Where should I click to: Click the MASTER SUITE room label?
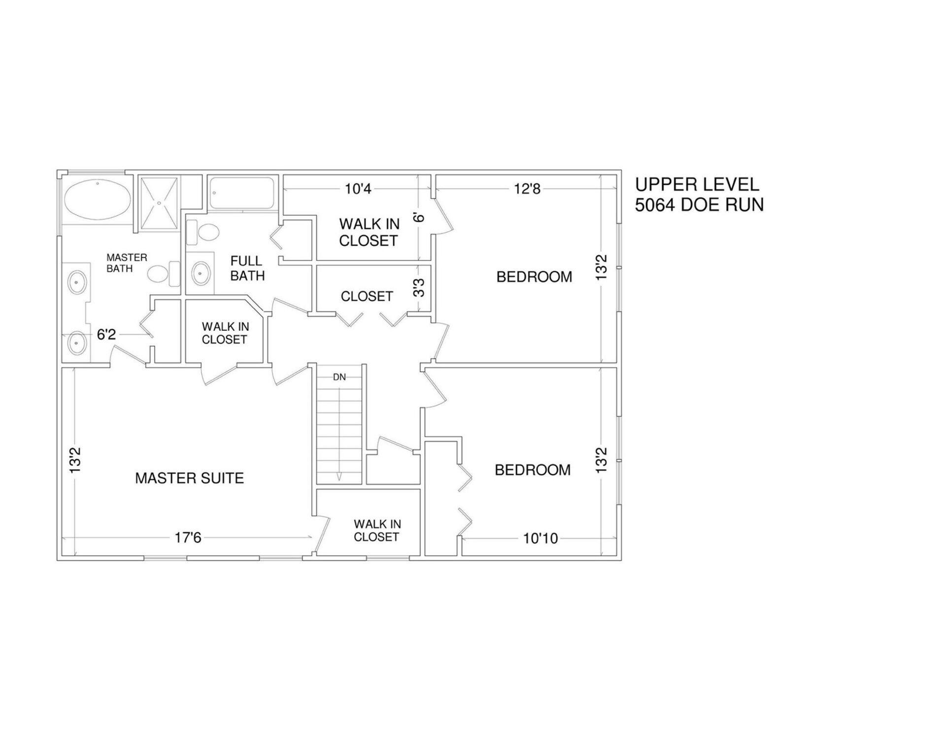click(x=189, y=478)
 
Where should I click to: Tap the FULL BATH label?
click(x=247, y=268)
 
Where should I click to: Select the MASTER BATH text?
click(x=127, y=263)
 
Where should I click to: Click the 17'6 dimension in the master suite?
click(x=188, y=537)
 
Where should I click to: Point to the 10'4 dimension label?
click(x=358, y=189)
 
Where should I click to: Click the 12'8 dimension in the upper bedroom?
click(x=527, y=189)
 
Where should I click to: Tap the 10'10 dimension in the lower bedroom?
click(x=541, y=538)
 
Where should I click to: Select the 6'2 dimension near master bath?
click(x=106, y=335)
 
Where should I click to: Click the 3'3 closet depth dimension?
click(x=419, y=288)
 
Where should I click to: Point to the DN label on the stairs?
click(x=339, y=377)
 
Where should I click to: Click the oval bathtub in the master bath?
click(x=97, y=200)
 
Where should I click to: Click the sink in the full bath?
click(x=201, y=273)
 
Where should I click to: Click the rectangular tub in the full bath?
click(x=241, y=193)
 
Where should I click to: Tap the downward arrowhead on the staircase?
click(x=339, y=476)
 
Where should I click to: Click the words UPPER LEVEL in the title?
click(x=697, y=184)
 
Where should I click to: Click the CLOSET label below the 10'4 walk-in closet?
click(x=367, y=296)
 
